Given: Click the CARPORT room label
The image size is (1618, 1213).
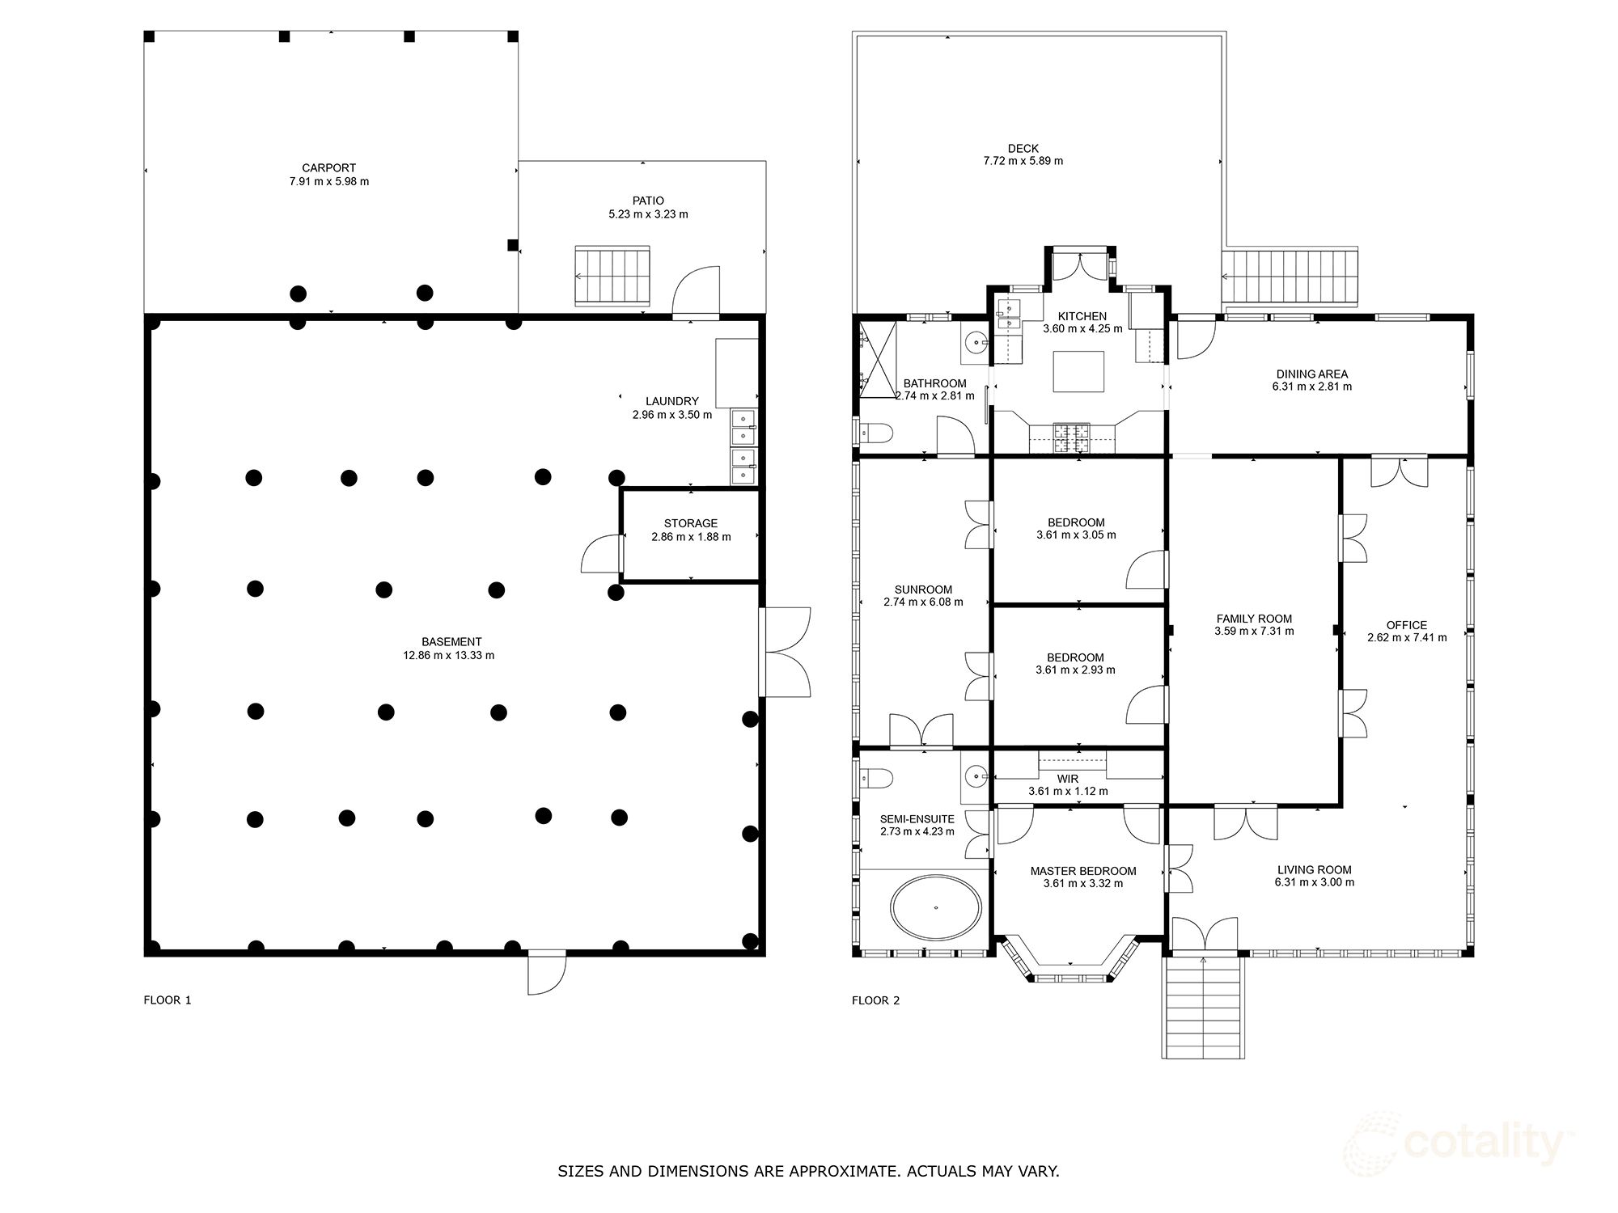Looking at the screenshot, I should (328, 168).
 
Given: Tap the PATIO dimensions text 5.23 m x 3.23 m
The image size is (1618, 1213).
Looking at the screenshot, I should (648, 214).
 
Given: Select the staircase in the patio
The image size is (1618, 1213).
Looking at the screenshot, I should (613, 277).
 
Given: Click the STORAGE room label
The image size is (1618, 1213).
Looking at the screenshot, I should (690, 523).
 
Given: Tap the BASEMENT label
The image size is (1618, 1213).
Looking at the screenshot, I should (451, 642).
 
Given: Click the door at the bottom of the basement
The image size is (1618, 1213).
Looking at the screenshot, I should (546, 973).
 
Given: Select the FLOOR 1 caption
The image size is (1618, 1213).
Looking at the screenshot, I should (167, 1000).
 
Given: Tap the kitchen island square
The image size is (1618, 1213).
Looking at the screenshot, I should (1079, 371).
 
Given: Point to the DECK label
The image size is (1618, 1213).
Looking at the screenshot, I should (1023, 148).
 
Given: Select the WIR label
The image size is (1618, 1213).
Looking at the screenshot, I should (1067, 779).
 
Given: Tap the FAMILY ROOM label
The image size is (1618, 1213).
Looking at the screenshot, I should (1254, 619).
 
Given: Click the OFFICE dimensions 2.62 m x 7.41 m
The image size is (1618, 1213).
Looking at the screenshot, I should (1406, 637).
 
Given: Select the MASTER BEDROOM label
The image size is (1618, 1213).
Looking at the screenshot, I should (1082, 871).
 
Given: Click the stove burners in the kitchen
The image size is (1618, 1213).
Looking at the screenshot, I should (1070, 437).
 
